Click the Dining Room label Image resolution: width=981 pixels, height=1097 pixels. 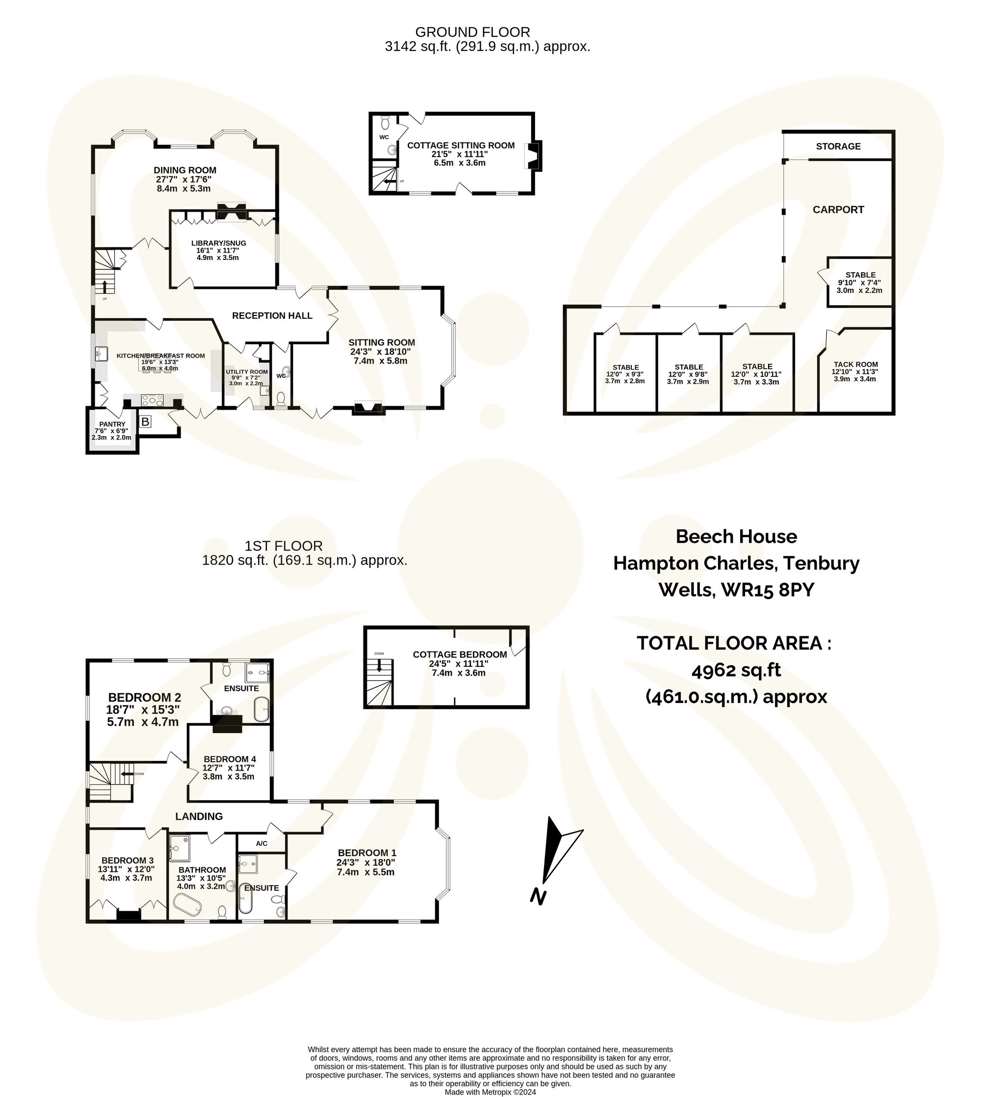[x=185, y=170]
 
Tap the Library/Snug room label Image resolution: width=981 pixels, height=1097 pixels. [x=218, y=243]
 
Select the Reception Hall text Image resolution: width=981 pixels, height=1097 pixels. [x=272, y=316]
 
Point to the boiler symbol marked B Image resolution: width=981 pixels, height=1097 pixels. [x=145, y=421]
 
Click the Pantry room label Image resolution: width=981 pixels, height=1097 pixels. [x=112, y=424]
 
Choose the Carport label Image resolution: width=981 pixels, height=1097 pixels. [x=838, y=209]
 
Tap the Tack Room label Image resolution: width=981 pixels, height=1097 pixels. [x=855, y=365]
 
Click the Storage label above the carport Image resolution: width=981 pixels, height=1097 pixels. [x=838, y=147]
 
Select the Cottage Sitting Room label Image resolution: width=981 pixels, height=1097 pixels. [x=461, y=146]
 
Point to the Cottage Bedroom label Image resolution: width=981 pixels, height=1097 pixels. [x=460, y=654]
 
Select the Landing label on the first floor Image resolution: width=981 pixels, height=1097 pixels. [x=199, y=817]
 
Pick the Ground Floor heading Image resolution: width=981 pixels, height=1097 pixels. [x=472, y=32]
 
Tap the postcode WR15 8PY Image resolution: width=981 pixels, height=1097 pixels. [x=767, y=590]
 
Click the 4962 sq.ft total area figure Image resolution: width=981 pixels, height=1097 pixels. [x=736, y=670]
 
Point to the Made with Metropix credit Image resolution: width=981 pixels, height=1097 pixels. [x=490, y=1092]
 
